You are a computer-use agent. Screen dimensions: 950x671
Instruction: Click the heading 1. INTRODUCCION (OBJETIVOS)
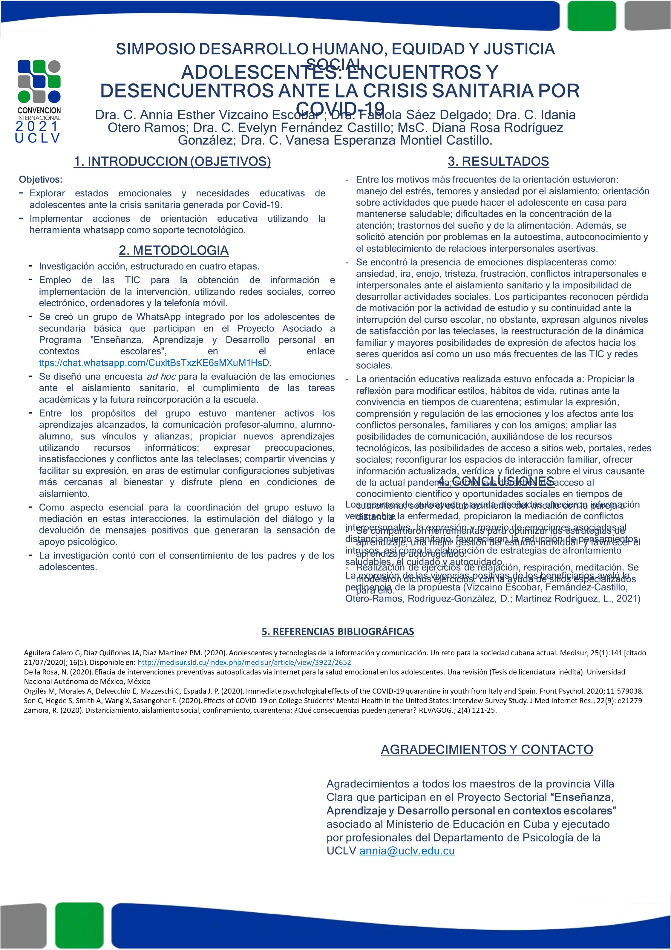pyautogui.click(x=172, y=161)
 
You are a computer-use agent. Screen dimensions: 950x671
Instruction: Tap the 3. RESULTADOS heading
pyautogui.click(x=498, y=161)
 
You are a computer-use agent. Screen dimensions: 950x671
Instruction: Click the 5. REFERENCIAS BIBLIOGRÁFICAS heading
pyautogui.click(x=338, y=631)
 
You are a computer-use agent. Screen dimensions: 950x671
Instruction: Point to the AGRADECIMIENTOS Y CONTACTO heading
pyautogui.click(x=487, y=749)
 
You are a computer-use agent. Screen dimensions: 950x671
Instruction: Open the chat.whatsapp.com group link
pyautogui.click(x=154, y=363)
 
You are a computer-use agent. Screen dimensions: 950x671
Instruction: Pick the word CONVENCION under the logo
pyautogui.click(x=39, y=111)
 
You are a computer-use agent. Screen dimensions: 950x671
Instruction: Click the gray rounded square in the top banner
pyautogui.click(x=647, y=16)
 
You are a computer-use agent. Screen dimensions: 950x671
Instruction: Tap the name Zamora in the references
pyautogui.click(x=36, y=710)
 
